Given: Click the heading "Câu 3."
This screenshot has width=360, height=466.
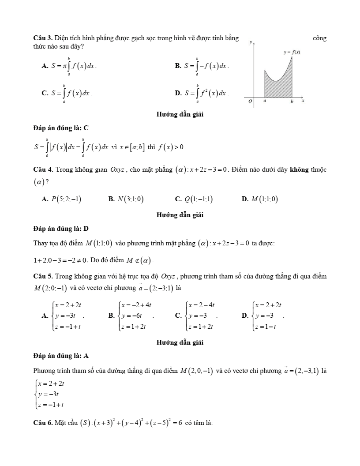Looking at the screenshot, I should (x=43, y=38).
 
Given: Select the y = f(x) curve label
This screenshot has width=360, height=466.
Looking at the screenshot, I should (x=292, y=52).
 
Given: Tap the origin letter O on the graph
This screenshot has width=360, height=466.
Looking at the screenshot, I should (x=250, y=101).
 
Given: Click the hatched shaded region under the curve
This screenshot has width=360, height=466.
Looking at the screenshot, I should (x=278, y=88).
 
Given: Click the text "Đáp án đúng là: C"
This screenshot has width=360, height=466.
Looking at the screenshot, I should (x=61, y=128).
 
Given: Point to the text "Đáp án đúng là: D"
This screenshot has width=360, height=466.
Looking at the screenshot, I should (x=61, y=229).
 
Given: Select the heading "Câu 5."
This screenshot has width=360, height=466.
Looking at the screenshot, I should (x=43, y=277).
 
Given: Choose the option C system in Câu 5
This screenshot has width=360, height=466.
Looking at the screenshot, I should (x=201, y=316).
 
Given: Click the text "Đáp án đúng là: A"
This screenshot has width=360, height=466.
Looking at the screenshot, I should (x=61, y=355).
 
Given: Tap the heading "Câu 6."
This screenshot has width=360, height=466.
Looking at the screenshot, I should (x=43, y=424).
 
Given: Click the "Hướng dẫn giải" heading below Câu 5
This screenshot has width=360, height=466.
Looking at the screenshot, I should (x=180, y=342).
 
